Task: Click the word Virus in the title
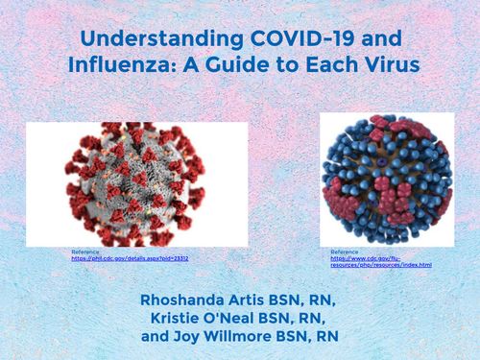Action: [x=382, y=68]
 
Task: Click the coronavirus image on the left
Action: [x=134, y=182]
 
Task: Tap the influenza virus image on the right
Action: [x=385, y=180]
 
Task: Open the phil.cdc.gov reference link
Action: [x=130, y=258]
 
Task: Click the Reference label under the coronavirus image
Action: [x=84, y=252]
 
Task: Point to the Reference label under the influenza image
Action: [x=344, y=252]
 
